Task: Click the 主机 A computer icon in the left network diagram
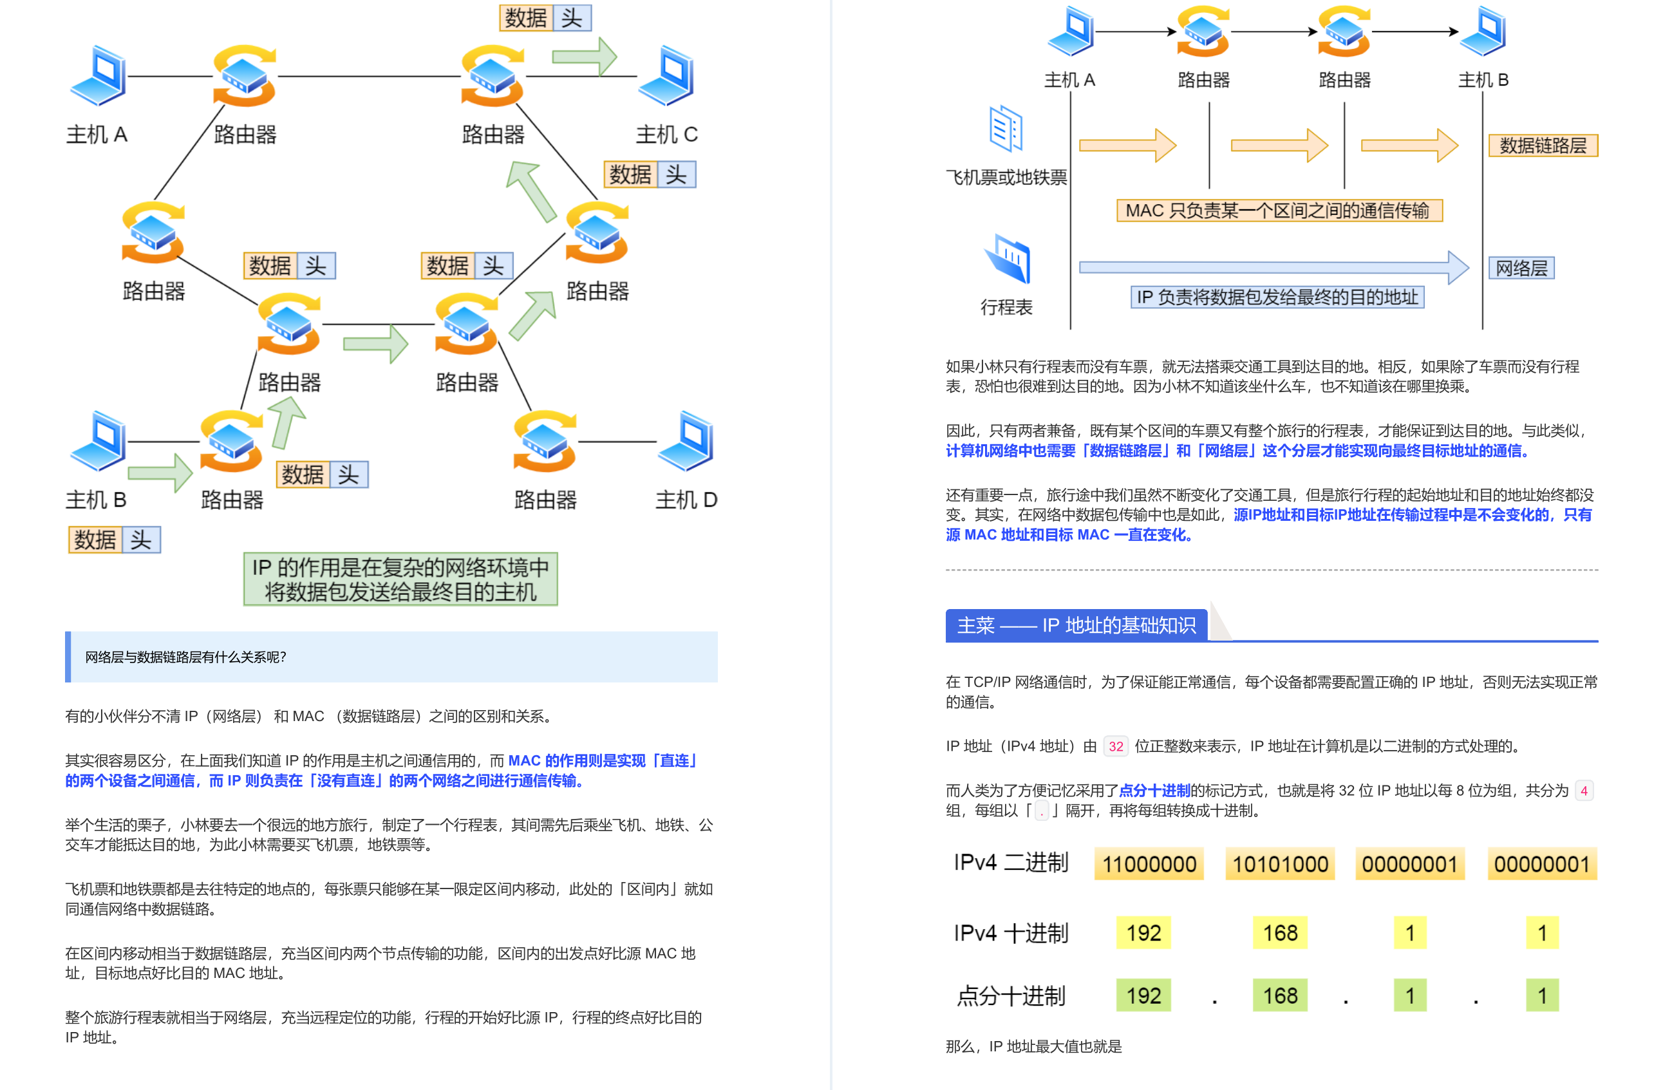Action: click(x=99, y=75)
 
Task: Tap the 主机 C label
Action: click(x=666, y=134)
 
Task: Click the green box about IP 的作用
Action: click(x=400, y=579)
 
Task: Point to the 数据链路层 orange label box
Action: click(x=1543, y=146)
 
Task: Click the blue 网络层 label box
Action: click(x=1521, y=268)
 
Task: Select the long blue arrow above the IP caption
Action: click(x=1272, y=267)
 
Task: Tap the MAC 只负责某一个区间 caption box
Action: click(x=1279, y=211)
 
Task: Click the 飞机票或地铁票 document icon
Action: click(x=1006, y=129)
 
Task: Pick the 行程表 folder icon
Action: click(x=1008, y=259)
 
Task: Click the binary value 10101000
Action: click(x=1279, y=864)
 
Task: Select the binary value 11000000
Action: click(x=1149, y=864)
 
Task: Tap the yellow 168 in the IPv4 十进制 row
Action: click(x=1279, y=933)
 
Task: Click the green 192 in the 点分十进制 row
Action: click(x=1143, y=995)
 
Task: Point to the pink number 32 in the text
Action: click(x=1116, y=746)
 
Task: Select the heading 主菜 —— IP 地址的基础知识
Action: click(x=1076, y=625)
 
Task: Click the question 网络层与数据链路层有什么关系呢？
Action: click(x=186, y=657)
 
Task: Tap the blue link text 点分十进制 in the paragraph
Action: click(x=1154, y=790)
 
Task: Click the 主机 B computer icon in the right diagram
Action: click(x=1483, y=32)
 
